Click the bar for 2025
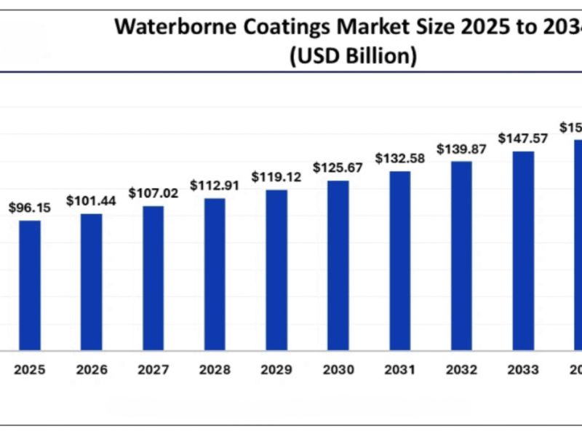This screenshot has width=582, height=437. [30, 286]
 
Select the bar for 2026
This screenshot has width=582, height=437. [91, 283]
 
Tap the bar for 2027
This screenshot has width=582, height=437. [153, 278]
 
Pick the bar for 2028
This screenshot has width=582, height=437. [215, 275]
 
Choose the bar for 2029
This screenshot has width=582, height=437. [276, 270]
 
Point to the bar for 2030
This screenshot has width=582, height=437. [338, 266]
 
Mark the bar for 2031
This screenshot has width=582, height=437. [399, 261]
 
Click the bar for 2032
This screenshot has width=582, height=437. [461, 256]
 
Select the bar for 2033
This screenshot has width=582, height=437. [523, 251]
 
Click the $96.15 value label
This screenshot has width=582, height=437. [30, 208]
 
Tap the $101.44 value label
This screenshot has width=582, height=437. [91, 200]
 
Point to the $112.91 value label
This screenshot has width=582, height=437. [215, 185]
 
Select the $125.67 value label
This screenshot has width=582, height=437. [338, 168]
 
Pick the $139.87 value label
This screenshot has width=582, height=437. [461, 149]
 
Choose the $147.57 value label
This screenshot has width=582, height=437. [523, 138]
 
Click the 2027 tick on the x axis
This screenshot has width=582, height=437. [153, 370]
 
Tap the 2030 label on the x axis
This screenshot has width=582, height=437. [338, 370]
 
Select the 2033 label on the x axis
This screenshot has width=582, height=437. [523, 370]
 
